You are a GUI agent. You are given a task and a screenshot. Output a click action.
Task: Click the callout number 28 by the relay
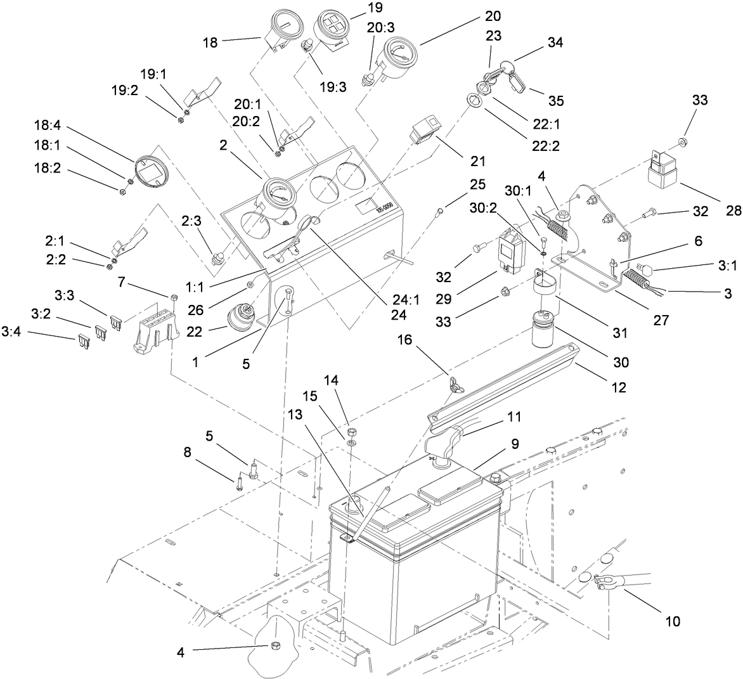733,210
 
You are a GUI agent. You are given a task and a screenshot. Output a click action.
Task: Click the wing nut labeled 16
453,383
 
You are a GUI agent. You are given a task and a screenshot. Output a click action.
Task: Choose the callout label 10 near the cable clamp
672,621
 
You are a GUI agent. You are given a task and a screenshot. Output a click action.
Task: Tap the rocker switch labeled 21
423,129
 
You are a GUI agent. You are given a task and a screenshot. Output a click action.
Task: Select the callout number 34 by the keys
555,42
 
